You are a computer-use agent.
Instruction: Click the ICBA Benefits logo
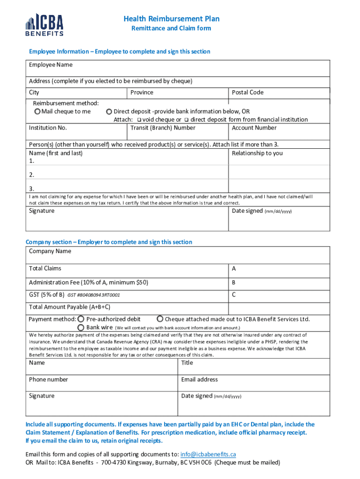44,25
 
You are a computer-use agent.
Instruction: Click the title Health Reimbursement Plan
172,19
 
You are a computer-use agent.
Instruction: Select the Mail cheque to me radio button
37,111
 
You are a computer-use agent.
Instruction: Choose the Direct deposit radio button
109,111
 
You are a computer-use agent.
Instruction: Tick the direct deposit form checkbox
186,120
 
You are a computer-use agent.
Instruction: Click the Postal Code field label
247,92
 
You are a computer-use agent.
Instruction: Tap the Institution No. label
48,128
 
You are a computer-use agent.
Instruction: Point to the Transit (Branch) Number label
163,128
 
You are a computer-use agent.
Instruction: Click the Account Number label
254,128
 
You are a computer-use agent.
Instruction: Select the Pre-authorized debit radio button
81,319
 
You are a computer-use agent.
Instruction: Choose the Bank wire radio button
81,327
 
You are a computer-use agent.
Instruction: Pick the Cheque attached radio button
160,319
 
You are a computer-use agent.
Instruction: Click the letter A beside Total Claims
234,269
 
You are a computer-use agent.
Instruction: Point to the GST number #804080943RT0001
94,295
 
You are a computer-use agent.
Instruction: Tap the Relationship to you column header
257,153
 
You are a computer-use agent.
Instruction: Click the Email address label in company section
199,379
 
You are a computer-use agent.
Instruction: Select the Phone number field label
48,379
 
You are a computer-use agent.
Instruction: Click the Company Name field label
50,251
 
